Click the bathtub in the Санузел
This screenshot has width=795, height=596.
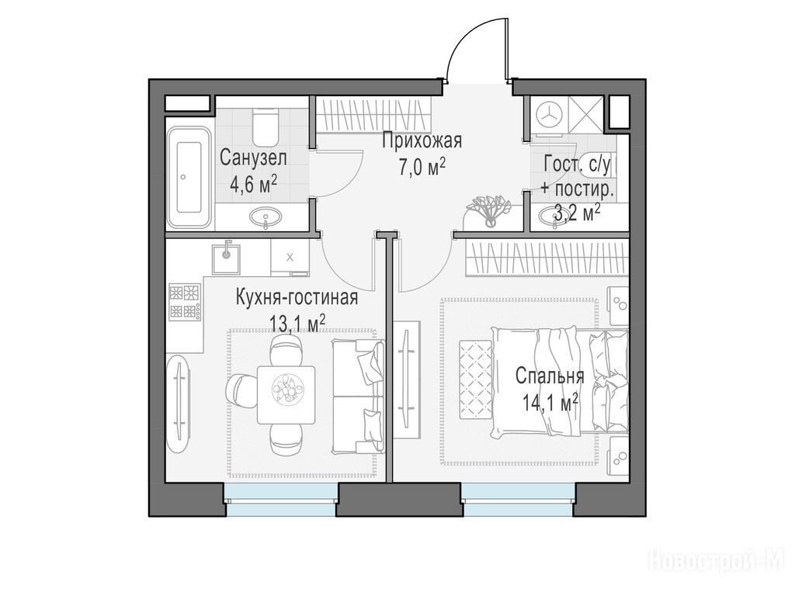pyautogui.click(x=189, y=178)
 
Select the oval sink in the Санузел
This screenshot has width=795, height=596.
pyautogui.click(x=266, y=217)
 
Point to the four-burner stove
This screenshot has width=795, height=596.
pyautogui.click(x=185, y=303)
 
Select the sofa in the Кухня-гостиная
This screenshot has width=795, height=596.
pyautogui.click(x=357, y=396)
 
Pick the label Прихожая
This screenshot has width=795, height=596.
pyautogui.click(x=422, y=141)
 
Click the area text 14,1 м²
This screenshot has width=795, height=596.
pyautogui.click(x=550, y=404)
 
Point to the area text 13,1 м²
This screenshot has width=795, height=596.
pyautogui.click(x=297, y=323)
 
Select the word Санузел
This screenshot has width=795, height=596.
pyautogui.click(x=253, y=158)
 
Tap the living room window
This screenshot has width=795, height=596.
pyautogui.click(x=281, y=500)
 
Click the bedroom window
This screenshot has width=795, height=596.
pyautogui.click(x=518, y=500)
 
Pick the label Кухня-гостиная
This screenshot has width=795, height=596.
pyautogui.click(x=297, y=298)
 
